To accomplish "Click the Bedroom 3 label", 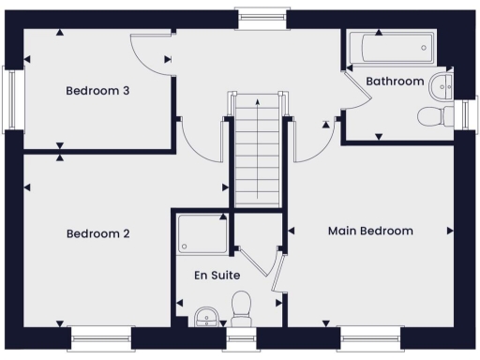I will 97,91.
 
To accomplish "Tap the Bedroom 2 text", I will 97,233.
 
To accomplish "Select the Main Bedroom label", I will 370,231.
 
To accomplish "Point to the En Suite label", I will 217,276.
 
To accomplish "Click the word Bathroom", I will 395,82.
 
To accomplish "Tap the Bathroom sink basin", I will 442,86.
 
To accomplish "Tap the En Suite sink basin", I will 206,317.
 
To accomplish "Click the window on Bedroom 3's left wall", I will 11,99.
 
